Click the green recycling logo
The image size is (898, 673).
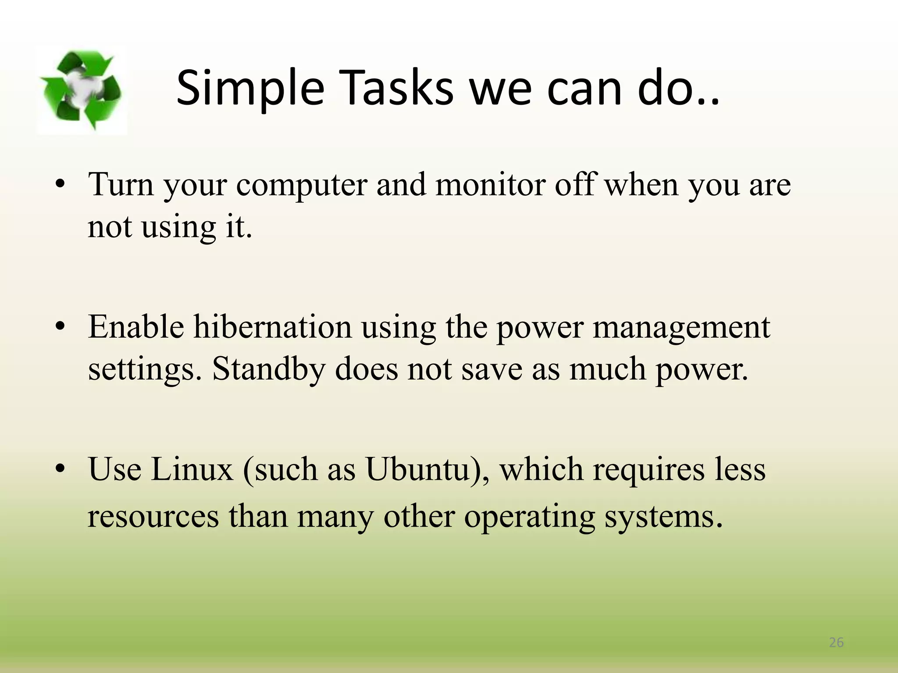click(x=81, y=90)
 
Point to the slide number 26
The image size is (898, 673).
click(x=836, y=642)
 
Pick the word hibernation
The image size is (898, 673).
click(x=273, y=327)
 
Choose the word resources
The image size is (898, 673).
click(x=153, y=516)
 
